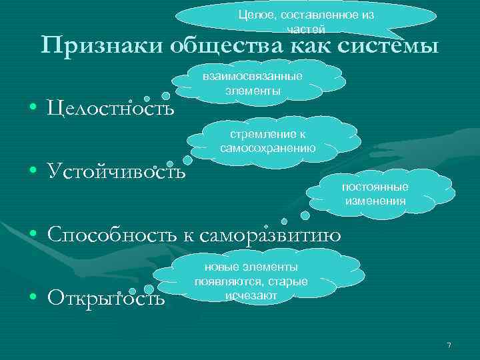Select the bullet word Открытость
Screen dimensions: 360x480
click(x=106, y=297)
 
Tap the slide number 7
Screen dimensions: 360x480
click(x=449, y=345)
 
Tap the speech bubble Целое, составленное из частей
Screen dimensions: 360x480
click(x=306, y=21)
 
